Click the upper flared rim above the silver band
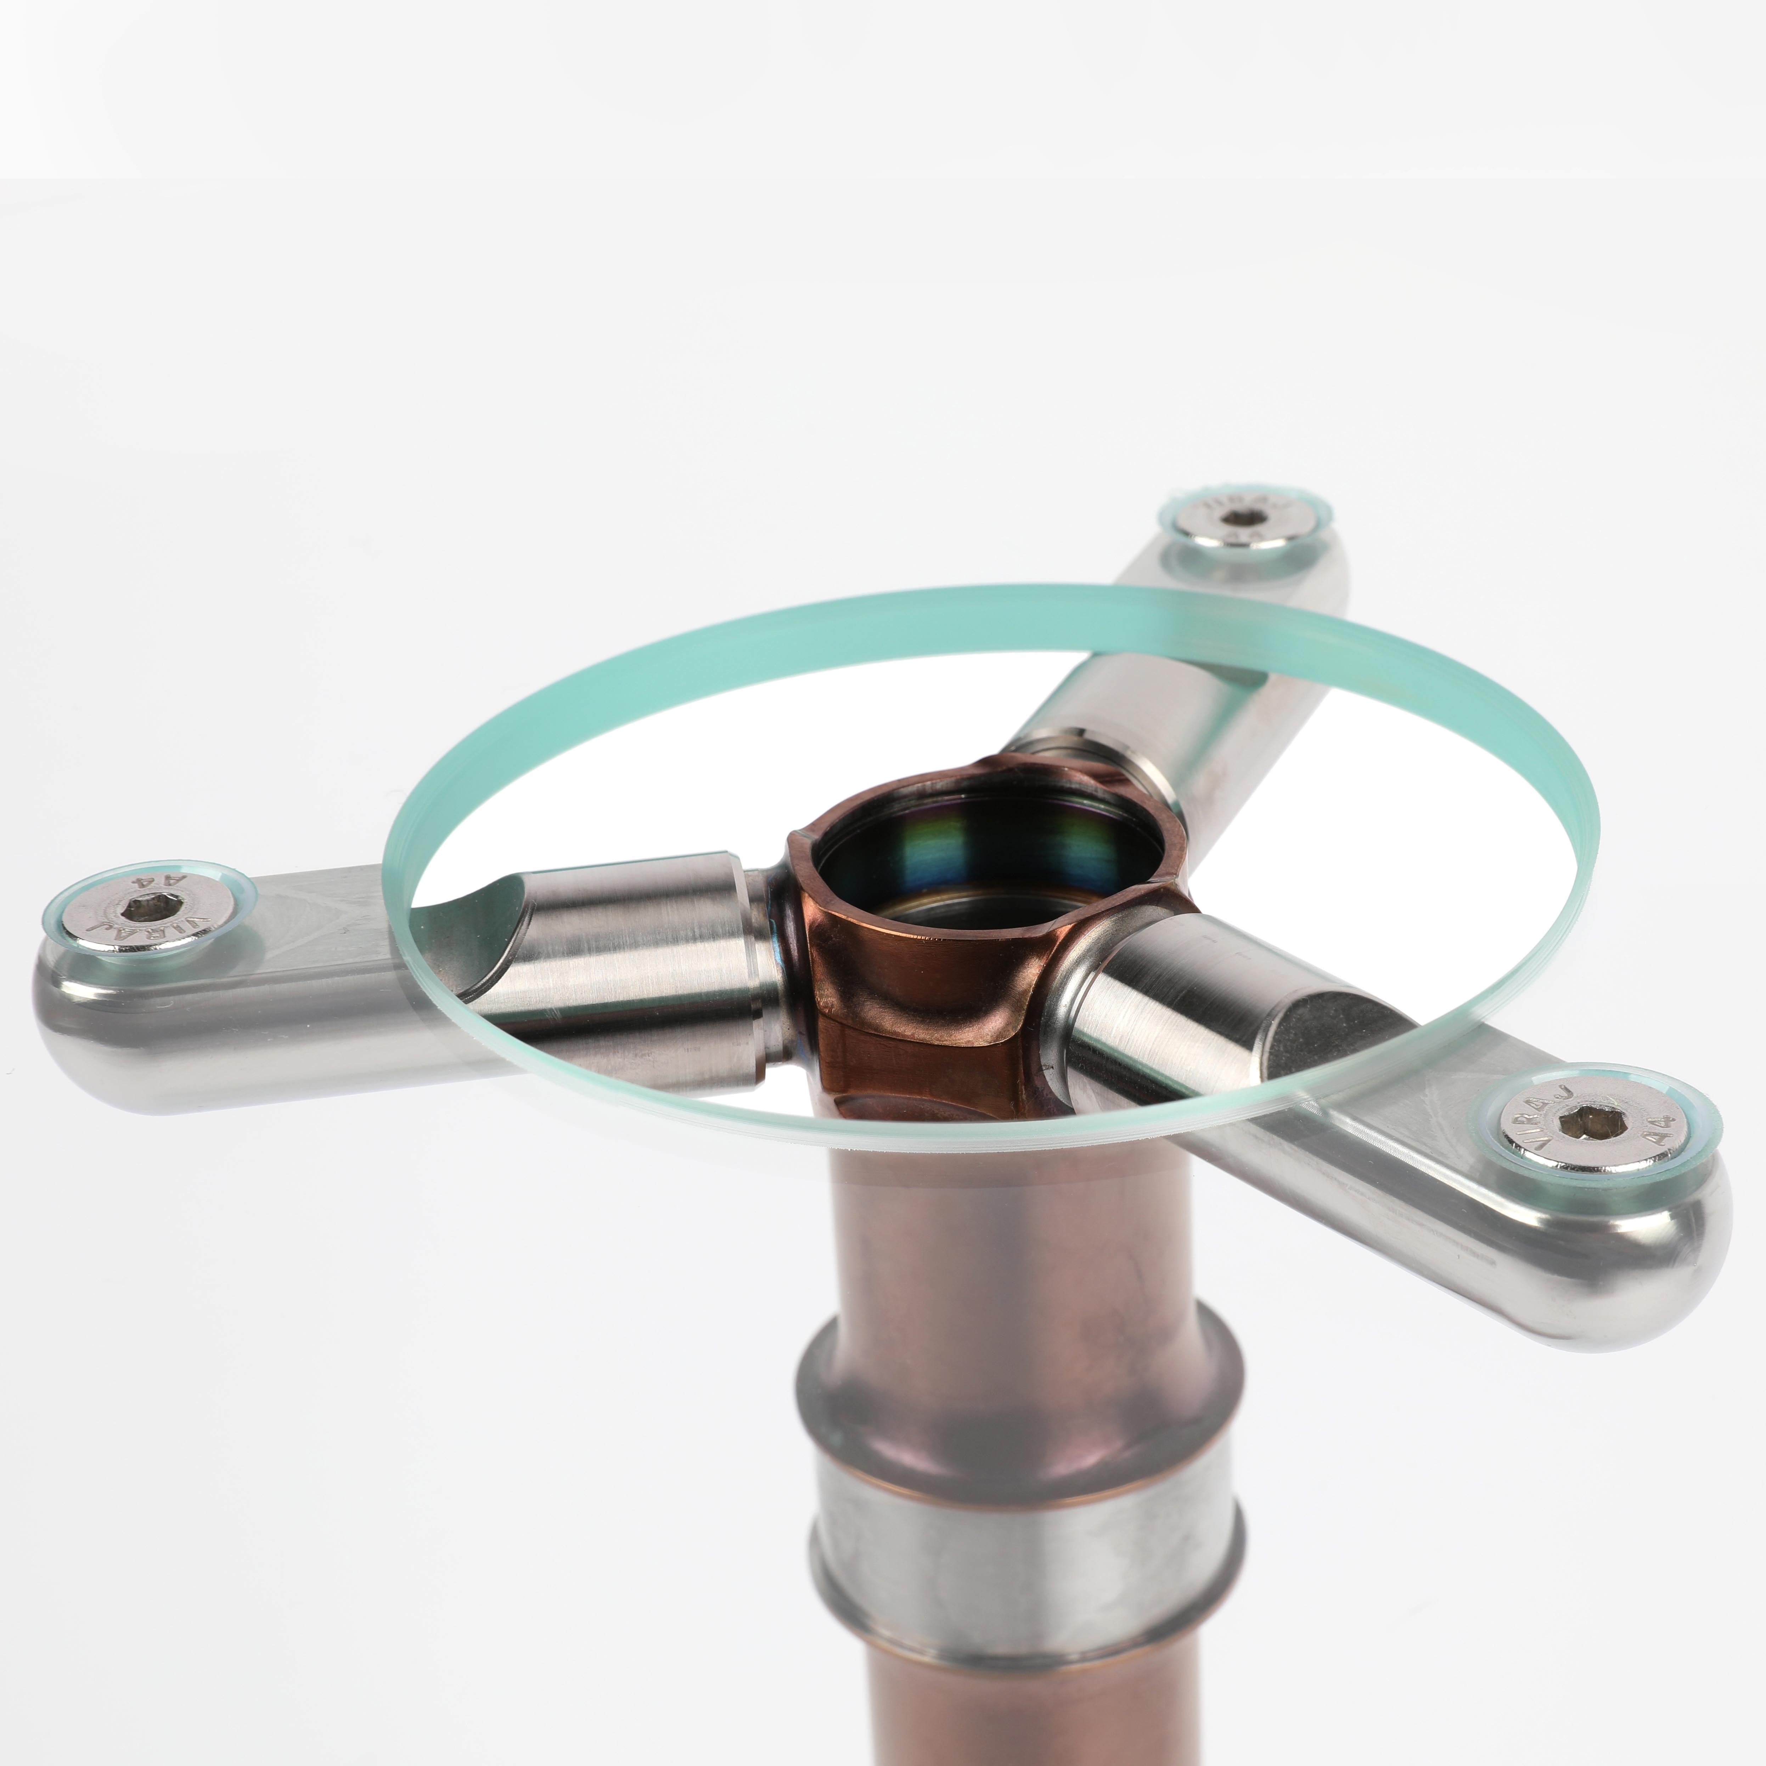click(1014, 1371)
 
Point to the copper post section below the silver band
click(1014, 1700)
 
